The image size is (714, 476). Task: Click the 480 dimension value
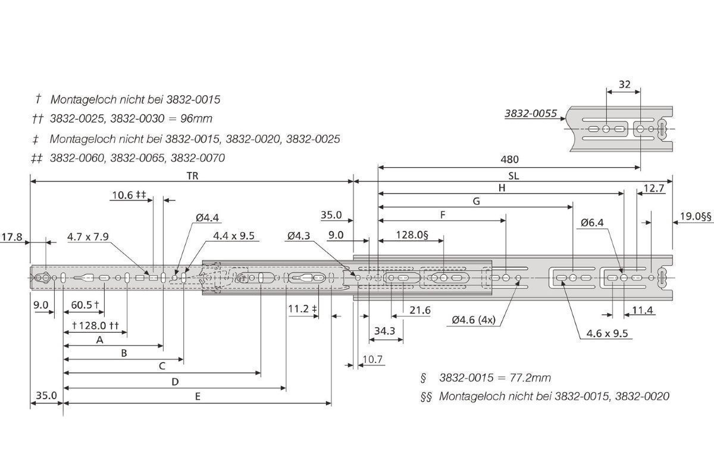click(509, 159)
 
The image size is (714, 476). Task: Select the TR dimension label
click(192, 176)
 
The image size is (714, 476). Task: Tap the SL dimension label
click(513, 176)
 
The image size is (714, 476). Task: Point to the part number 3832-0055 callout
click(531, 113)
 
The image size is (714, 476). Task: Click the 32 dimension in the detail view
click(624, 84)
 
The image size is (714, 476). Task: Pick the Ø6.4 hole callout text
click(592, 223)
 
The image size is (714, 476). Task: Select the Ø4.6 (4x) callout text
click(474, 320)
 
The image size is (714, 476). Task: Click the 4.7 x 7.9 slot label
click(88, 237)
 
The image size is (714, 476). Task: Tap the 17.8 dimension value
click(12, 237)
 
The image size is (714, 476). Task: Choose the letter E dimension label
click(198, 397)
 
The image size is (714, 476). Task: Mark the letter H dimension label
click(502, 188)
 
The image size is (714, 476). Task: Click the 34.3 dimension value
click(384, 331)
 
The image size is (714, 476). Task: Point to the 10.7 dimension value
click(372, 359)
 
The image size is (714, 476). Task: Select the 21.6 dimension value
click(420, 310)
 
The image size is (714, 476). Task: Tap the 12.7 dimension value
click(654, 189)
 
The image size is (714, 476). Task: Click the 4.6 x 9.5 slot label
click(607, 333)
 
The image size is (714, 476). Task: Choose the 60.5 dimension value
click(82, 305)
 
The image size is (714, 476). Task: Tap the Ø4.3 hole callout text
click(298, 236)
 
